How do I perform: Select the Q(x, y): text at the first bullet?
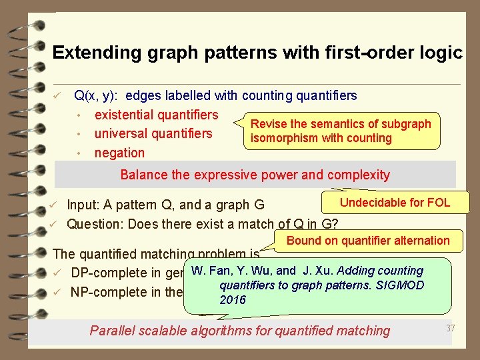point(97,96)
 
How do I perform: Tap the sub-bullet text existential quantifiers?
point(156,115)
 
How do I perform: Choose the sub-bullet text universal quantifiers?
point(153,133)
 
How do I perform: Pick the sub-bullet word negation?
point(119,153)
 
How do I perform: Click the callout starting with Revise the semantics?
point(341,131)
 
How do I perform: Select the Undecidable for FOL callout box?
point(395,203)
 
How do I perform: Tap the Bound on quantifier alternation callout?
point(368,241)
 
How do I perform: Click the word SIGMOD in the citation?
point(401,285)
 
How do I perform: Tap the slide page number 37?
point(450,327)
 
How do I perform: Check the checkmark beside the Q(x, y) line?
point(58,97)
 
